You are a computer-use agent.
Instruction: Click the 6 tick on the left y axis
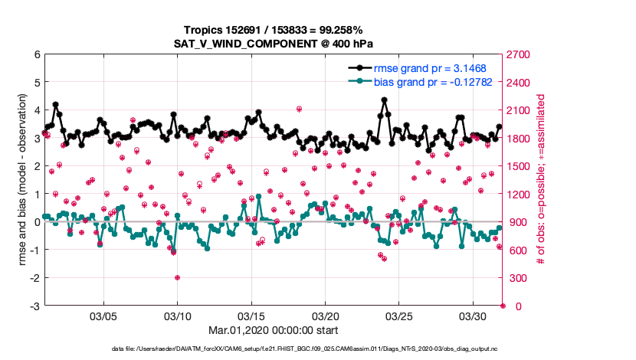click(36, 55)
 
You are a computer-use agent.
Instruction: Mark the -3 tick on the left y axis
click(34, 306)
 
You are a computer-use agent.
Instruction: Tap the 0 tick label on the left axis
click(36, 223)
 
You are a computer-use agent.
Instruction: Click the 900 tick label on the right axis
click(518, 223)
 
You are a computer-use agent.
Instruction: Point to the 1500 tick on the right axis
click(520, 167)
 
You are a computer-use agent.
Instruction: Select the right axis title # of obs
click(541, 181)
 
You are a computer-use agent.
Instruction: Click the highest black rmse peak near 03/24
click(384, 99)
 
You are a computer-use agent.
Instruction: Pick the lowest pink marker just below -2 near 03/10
click(177, 277)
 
